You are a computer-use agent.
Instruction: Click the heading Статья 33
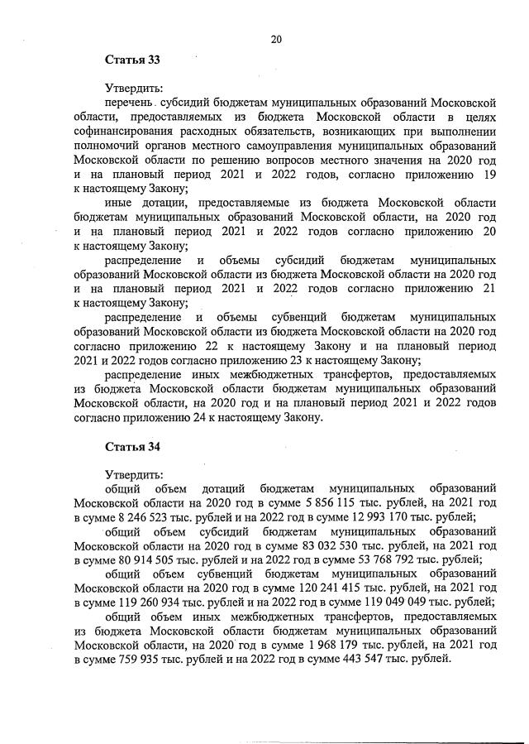pyautogui.click(x=131, y=60)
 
